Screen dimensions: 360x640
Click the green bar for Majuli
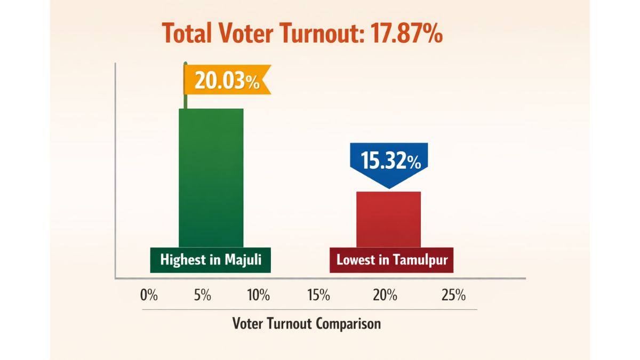tap(211, 176)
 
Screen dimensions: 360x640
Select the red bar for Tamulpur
tap(388, 219)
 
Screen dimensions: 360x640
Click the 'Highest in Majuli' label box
tap(210, 260)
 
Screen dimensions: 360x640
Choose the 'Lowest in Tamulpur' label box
tap(391, 260)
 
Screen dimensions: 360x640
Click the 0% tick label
tap(149, 295)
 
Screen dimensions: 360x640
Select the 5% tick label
tap(203, 295)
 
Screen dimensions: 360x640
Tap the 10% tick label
tap(259, 295)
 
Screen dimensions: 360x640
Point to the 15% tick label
tap(318, 295)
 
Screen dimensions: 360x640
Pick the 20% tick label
tap(385, 295)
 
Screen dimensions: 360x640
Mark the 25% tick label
tap(453, 295)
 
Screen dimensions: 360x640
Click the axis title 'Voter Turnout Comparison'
tap(307, 323)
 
